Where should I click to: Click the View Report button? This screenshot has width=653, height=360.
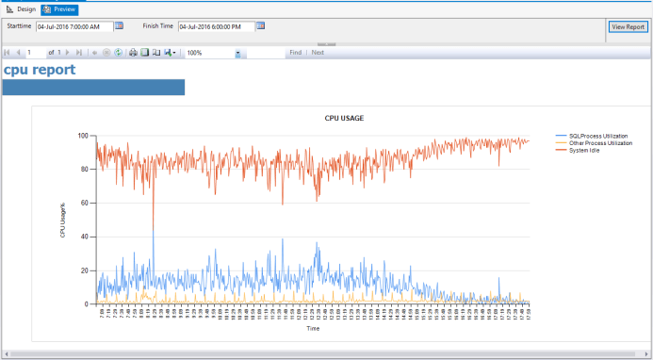pyautogui.click(x=628, y=26)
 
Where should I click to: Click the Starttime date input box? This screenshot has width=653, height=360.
pyautogui.click(x=73, y=26)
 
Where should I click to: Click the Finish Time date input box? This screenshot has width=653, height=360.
pyautogui.click(x=215, y=26)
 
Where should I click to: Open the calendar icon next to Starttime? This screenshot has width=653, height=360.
pyautogui.click(x=119, y=26)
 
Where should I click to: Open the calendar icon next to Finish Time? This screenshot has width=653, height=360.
pyautogui.click(x=260, y=26)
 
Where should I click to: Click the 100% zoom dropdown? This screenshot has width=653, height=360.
pyautogui.click(x=214, y=53)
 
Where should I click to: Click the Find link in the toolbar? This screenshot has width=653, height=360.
pyautogui.click(x=295, y=53)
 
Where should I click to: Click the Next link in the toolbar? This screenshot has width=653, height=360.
pyautogui.click(x=318, y=53)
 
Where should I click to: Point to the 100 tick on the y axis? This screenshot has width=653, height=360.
pyautogui.click(x=83, y=136)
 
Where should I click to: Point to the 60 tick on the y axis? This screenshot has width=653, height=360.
pyautogui.click(x=85, y=203)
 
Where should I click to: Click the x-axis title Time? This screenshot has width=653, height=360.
pyautogui.click(x=312, y=328)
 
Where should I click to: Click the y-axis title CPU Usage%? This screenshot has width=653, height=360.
pyautogui.click(x=63, y=219)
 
